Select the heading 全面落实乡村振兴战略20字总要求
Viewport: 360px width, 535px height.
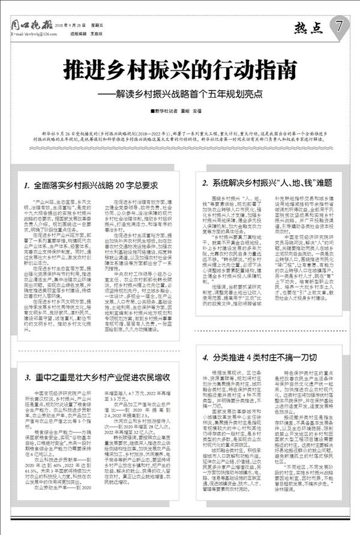coord(95,186)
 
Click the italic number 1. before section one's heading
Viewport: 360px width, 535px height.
coord(28,186)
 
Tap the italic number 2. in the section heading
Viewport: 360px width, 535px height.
coord(205,182)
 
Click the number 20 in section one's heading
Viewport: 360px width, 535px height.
coord(124,186)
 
